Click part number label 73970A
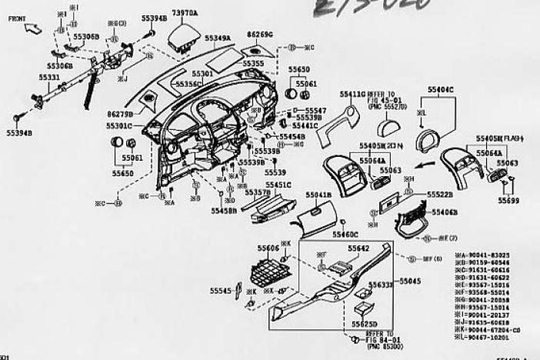pos(185,12)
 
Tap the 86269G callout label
pos(260,35)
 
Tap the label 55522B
pos(440,195)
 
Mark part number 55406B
pos(445,212)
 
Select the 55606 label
pos(268,248)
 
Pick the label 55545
pos(221,291)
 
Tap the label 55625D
pos(365,324)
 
